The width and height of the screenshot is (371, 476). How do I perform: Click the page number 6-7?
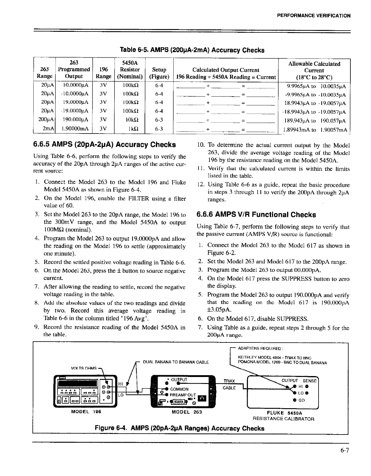[345, 450]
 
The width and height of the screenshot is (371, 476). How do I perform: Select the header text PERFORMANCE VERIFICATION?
[314, 16]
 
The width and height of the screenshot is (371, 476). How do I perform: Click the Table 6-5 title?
[192, 50]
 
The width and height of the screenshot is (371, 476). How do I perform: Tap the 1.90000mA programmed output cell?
[74, 129]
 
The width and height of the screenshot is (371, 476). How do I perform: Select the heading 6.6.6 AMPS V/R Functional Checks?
[256, 215]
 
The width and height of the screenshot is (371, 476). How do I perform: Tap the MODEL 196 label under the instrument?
[86, 412]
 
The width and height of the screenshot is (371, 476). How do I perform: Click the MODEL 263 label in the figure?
[187, 412]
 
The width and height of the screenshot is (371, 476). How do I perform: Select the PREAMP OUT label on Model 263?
[183, 395]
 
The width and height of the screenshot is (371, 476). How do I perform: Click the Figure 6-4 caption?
[179, 428]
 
